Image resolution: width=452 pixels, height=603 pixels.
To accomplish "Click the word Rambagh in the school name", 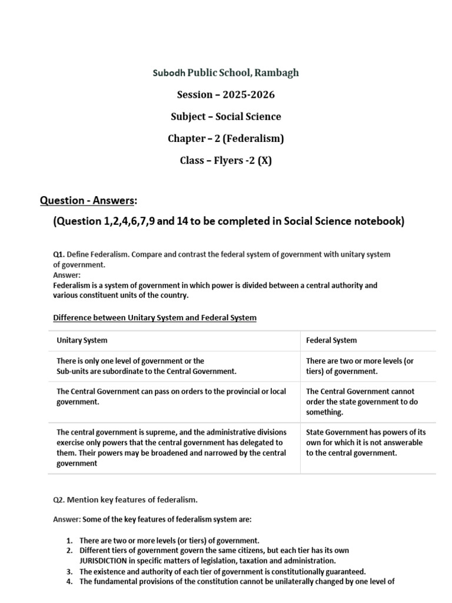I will click(278, 73).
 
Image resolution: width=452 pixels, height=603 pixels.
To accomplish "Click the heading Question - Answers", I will click(87, 201).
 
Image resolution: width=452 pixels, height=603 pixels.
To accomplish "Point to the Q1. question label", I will click(59, 254).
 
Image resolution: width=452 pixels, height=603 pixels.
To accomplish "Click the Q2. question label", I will click(59, 500).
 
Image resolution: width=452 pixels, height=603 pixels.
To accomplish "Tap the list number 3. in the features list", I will click(69, 572).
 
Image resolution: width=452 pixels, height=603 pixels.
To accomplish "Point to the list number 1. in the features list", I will click(69, 540).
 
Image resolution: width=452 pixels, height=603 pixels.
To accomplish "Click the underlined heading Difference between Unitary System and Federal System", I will click(155, 318).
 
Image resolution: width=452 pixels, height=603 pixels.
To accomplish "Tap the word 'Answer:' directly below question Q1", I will click(67, 275).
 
